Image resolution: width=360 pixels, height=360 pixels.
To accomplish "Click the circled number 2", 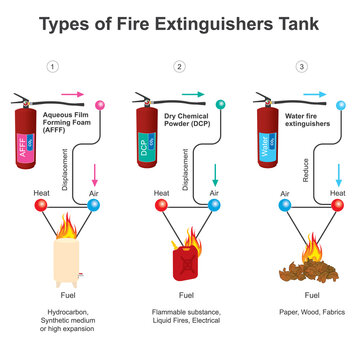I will click(179, 67).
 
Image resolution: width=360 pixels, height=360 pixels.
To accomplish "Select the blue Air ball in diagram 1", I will click(92, 205).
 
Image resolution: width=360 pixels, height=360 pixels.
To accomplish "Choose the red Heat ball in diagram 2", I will click(161, 205).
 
